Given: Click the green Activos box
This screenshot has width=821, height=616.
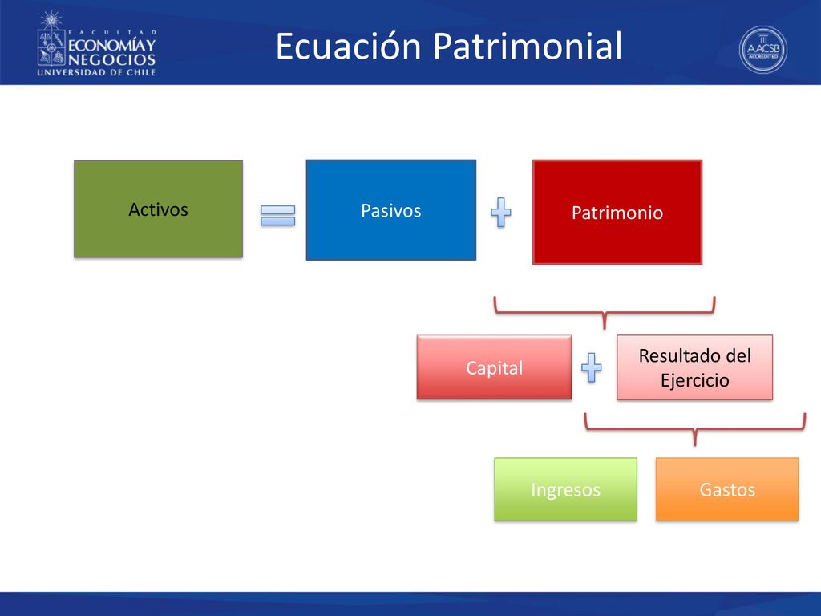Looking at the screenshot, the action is click(x=158, y=209).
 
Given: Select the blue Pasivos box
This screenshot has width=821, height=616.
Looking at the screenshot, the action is click(x=391, y=210).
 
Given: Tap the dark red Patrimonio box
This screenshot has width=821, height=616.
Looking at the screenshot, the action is click(x=617, y=212).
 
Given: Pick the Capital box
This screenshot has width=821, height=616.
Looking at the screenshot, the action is click(x=494, y=367).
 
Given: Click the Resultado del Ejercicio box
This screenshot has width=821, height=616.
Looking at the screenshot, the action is click(x=695, y=367).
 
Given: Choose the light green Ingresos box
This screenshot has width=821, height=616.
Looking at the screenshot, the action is click(x=565, y=489).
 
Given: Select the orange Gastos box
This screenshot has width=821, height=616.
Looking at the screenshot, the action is click(x=727, y=489).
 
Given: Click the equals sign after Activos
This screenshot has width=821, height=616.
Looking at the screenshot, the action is click(x=278, y=215).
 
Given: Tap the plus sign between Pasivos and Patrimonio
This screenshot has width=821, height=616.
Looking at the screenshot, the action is click(x=501, y=212).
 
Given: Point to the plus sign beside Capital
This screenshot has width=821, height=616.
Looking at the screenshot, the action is click(x=592, y=367).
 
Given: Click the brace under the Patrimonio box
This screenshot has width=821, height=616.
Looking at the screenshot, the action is click(x=605, y=314).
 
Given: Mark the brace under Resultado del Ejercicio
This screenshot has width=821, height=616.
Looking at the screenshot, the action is click(x=695, y=430).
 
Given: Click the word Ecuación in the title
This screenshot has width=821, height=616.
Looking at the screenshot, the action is click(x=348, y=46).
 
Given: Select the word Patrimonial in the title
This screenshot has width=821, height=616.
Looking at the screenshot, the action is click(x=528, y=46).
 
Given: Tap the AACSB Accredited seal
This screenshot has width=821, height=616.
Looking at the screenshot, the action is click(x=763, y=50).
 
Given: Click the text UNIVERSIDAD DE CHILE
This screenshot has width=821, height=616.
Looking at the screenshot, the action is click(x=96, y=72).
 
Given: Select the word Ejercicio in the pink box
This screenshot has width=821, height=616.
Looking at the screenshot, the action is click(x=695, y=380).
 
